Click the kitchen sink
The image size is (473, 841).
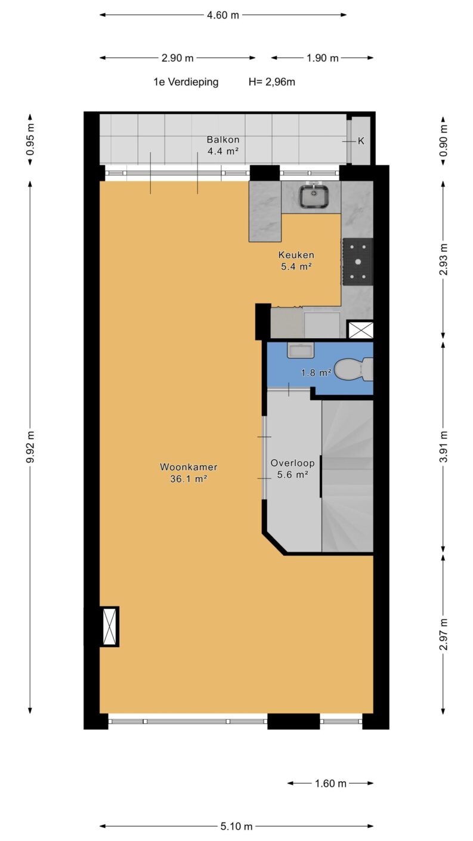314,196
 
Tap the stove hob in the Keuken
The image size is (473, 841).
357,261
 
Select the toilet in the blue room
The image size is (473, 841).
354,369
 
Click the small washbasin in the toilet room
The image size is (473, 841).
301,350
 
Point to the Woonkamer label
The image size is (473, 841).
188,467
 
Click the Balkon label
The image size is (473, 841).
223,140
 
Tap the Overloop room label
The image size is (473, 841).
292,463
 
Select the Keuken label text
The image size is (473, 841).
296,255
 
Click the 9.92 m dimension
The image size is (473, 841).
30,447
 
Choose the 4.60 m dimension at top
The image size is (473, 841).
223,15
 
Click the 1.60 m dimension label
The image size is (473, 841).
330,784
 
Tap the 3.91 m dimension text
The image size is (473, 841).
444,446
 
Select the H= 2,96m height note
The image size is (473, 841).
272,82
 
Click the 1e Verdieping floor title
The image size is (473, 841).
186,82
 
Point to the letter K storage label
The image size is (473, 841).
361,141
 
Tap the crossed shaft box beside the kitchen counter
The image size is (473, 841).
360,330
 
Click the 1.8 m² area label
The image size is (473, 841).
316,372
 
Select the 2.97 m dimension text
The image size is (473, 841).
444,634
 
